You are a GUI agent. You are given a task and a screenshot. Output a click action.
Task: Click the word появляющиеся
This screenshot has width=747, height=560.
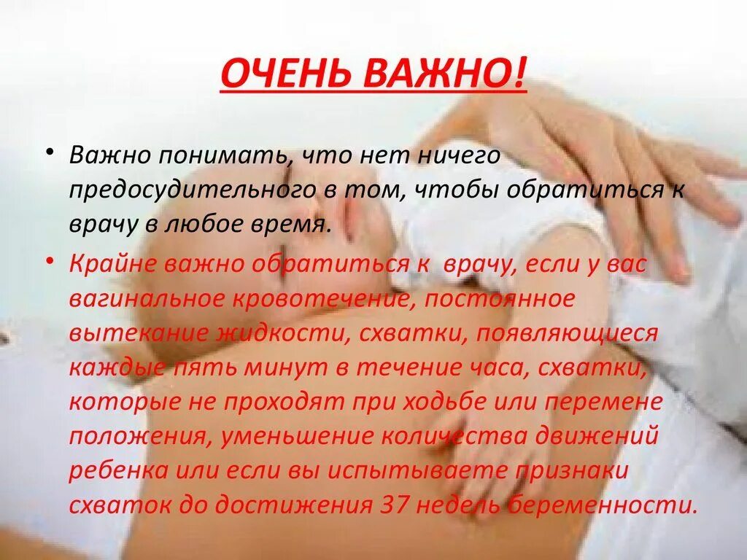coord(565,334)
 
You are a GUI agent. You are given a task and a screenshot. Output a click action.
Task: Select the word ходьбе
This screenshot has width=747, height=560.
coord(459,403)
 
